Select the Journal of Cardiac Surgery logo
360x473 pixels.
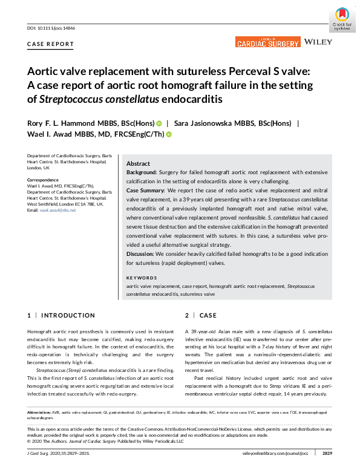pos(267,42)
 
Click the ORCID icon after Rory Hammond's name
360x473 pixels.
pos(159,123)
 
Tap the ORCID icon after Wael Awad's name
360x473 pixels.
pos(169,135)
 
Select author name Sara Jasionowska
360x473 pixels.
pos(208,123)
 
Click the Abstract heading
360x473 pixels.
pos(138,164)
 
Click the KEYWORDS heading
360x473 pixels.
pos(142,278)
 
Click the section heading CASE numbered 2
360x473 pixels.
pos(208,315)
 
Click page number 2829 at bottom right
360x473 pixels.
pos(326,452)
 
